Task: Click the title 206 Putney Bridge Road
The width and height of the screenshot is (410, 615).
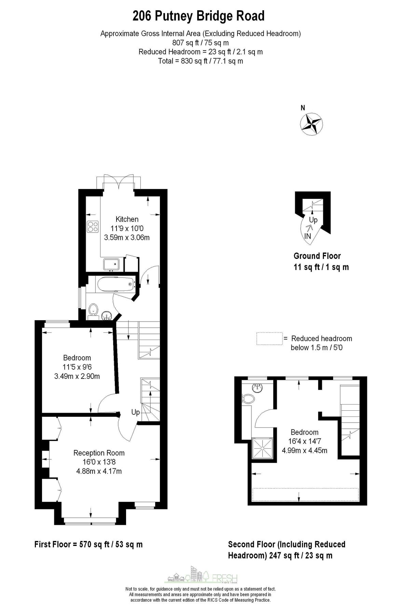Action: pyautogui.click(x=199, y=16)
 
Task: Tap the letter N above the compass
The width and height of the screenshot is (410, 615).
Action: pyautogui.click(x=303, y=108)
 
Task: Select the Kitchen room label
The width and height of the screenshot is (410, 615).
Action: pyautogui.click(x=127, y=219)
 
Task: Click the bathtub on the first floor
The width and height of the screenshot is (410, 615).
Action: pyautogui.click(x=115, y=284)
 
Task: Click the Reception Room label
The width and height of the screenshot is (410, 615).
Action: pyautogui.click(x=99, y=453)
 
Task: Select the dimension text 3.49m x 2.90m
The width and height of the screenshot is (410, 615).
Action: pyautogui.click(x=77, y=377)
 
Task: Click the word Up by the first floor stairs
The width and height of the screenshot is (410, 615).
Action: pyautogui.click(x=136, y=412)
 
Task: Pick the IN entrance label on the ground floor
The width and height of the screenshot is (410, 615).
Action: pyautogui.click(x=307, y=236)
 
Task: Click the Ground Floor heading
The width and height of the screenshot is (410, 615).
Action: pyautogui.click(x=317, y=256)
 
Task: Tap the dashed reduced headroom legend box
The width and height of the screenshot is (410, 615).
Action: pyautogui.click(x=270, y=339)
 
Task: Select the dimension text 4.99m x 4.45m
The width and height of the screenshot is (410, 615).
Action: pyautogui.click(x=304, y=450)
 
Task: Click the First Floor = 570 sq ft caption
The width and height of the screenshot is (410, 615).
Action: pyautogui.click(x=88, y=544)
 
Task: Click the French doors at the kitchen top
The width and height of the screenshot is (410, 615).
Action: pyautogui.click(x=119, y=182)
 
